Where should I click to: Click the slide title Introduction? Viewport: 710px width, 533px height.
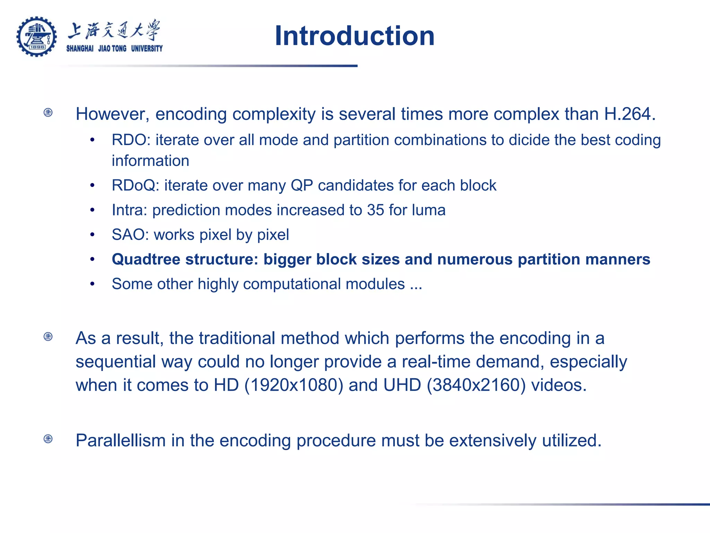point(354,36)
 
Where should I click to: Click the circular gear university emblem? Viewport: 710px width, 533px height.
point(36,36)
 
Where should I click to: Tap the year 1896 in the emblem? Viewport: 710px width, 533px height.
point(37,47)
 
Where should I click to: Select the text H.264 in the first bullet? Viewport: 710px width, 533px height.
point(629,114)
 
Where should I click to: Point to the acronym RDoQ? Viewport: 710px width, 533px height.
point(133,186)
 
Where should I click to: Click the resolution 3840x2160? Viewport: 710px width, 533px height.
point(476,385)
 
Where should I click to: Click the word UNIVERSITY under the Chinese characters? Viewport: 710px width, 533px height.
point(147,49)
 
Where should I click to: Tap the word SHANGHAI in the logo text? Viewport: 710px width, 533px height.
point(80,49)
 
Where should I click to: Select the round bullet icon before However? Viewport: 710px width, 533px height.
point(48,112)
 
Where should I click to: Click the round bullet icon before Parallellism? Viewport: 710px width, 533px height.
point(48,439)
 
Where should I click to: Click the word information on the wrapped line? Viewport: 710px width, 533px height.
point(150,161)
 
